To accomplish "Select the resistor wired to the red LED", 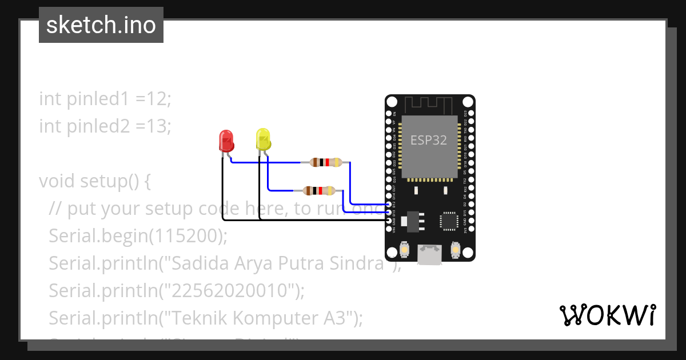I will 325,162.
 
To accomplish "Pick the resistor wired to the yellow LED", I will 319,190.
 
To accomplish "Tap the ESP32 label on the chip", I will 429,139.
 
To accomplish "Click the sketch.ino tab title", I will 101,25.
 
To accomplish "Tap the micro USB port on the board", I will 430,252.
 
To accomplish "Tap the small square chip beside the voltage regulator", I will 448,221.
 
